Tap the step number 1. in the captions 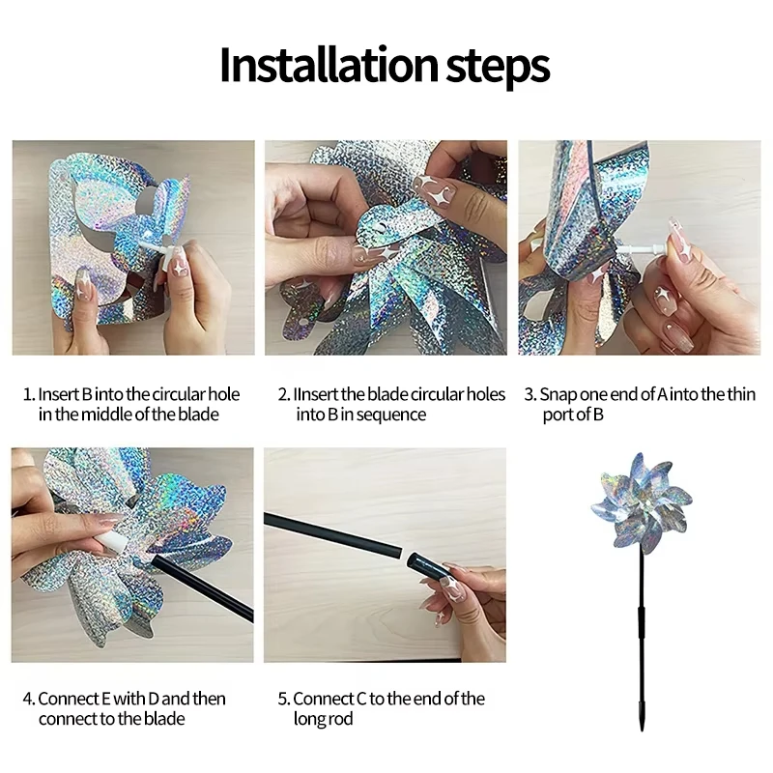click(29, 395)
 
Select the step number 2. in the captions click(284, 395)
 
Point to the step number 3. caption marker click(530, 395)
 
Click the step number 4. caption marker click(29, 699)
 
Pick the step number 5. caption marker click(284, 699)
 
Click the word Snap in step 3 click(558, 395)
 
